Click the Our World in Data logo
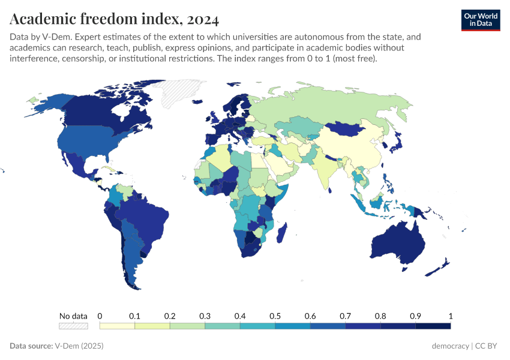pyautogui.click(x=480, y=20)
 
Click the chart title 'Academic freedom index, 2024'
pyautogui.click(x=114, y=19)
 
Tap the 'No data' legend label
pyautogui.click(x=73, y=316)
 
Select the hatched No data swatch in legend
pyautogui.click(x=73, y=326)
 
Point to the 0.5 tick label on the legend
pyautogui.click(x=275, y=316)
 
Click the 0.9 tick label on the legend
pyautogui.click(x=415, y=316)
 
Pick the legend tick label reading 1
pyautogui.click(x=450, y=316)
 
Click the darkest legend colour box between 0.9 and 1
pyautogui.click(x=433, y=326)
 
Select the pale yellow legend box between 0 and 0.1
pyautogui.click(x=117, y=326)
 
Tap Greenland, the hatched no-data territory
pyautogui.click(x=180, y=93)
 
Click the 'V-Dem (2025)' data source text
pyautogui.click(x=82, y=346)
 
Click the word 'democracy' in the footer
pyautogui.click(x=450, y=346)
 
